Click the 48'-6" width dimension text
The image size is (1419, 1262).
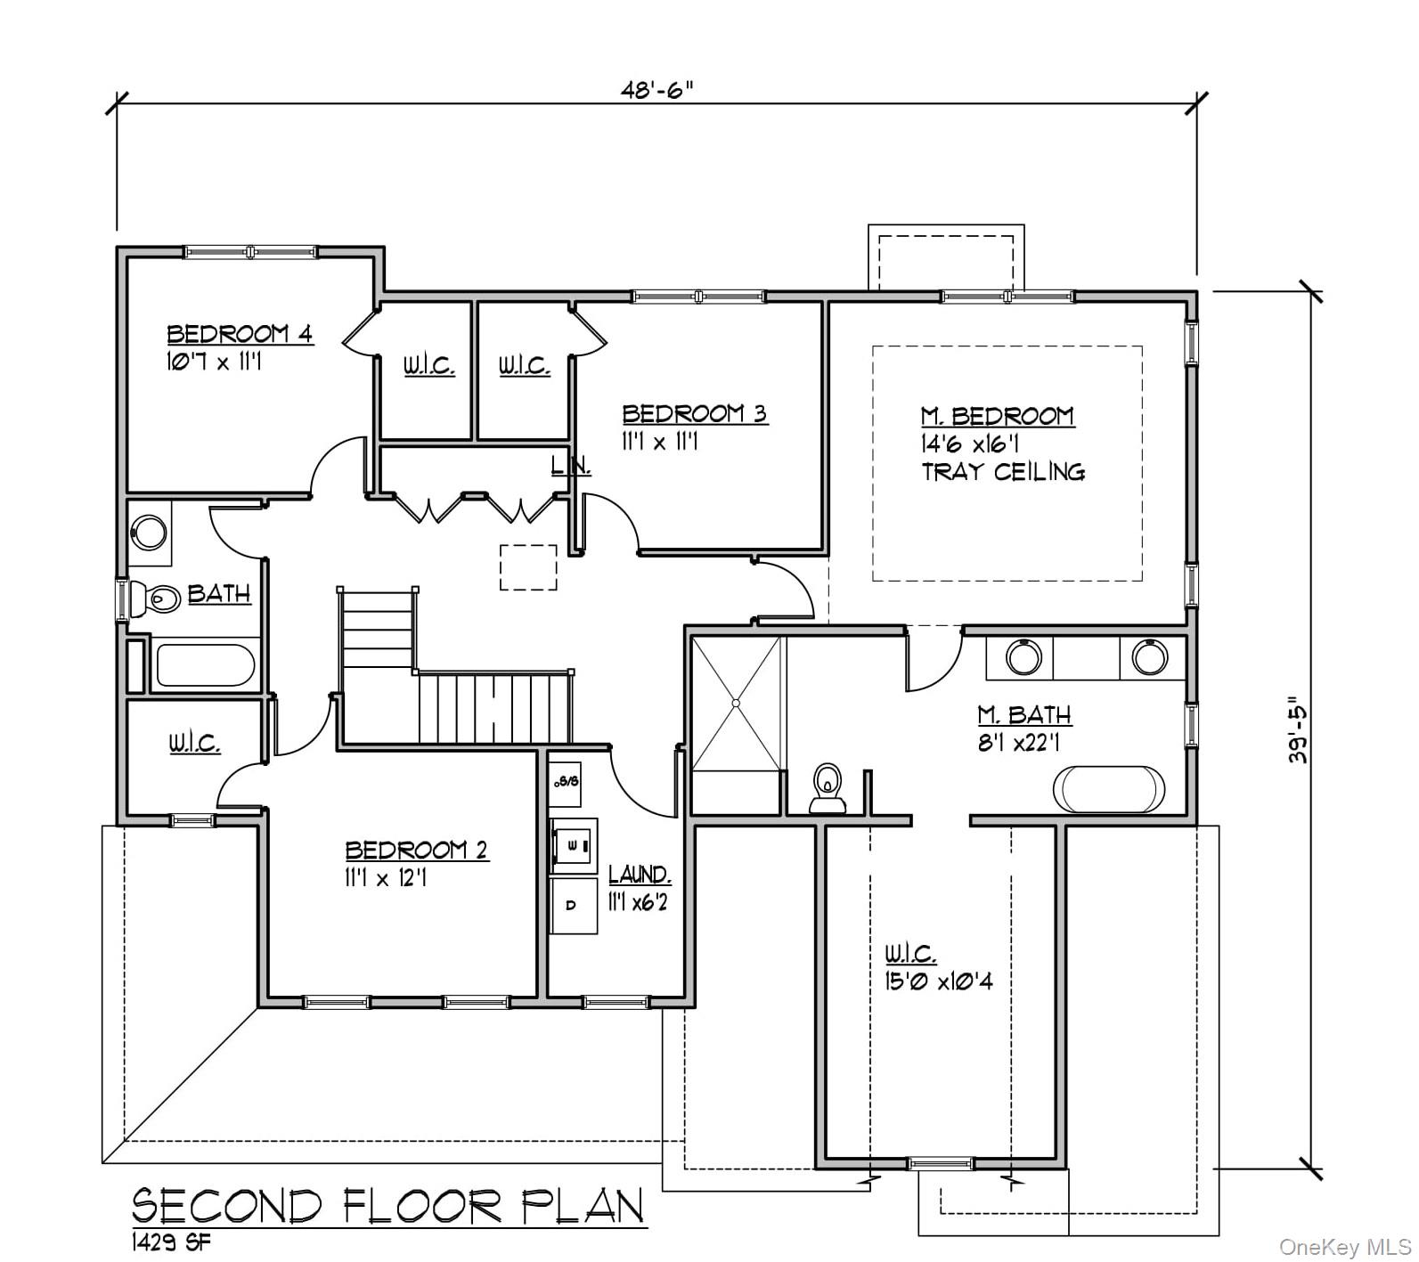pyautogui.click(x=656, y=90)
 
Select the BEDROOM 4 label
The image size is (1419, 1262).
pyautogui.click(x=240, y=335)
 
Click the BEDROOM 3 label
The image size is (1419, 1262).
pyautogui.click(x=694, y=414)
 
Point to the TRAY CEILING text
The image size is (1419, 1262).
pyautogui.click(x=1003, y=472)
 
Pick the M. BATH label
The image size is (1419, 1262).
pyautogui.click(x=1024, y=714)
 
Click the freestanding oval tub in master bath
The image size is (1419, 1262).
pyautogui.click(x=1108, y=788)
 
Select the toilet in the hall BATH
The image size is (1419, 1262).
pyautogui.click(x=154, y=598)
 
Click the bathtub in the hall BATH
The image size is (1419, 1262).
pyautogui.click(x=205, y=665)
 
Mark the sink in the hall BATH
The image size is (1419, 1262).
pyautogui.click(x=149, y=533)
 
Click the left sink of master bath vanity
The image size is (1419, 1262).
pyautogui.click(x=1023, y=657)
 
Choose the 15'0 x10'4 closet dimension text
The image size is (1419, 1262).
pyautogui.click(x=938, y=981)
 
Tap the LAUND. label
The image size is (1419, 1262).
pyautogui.click(x=639, y=874)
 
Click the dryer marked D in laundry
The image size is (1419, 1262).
pyautogui.click(x=572, y=906)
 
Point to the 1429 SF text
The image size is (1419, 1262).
pyautogui.click(x=172, y=1242)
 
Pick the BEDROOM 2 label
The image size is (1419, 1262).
pyautogui.click(x=416, y=850)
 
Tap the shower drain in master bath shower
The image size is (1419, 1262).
pyautogui.click(x=737, y=704)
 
